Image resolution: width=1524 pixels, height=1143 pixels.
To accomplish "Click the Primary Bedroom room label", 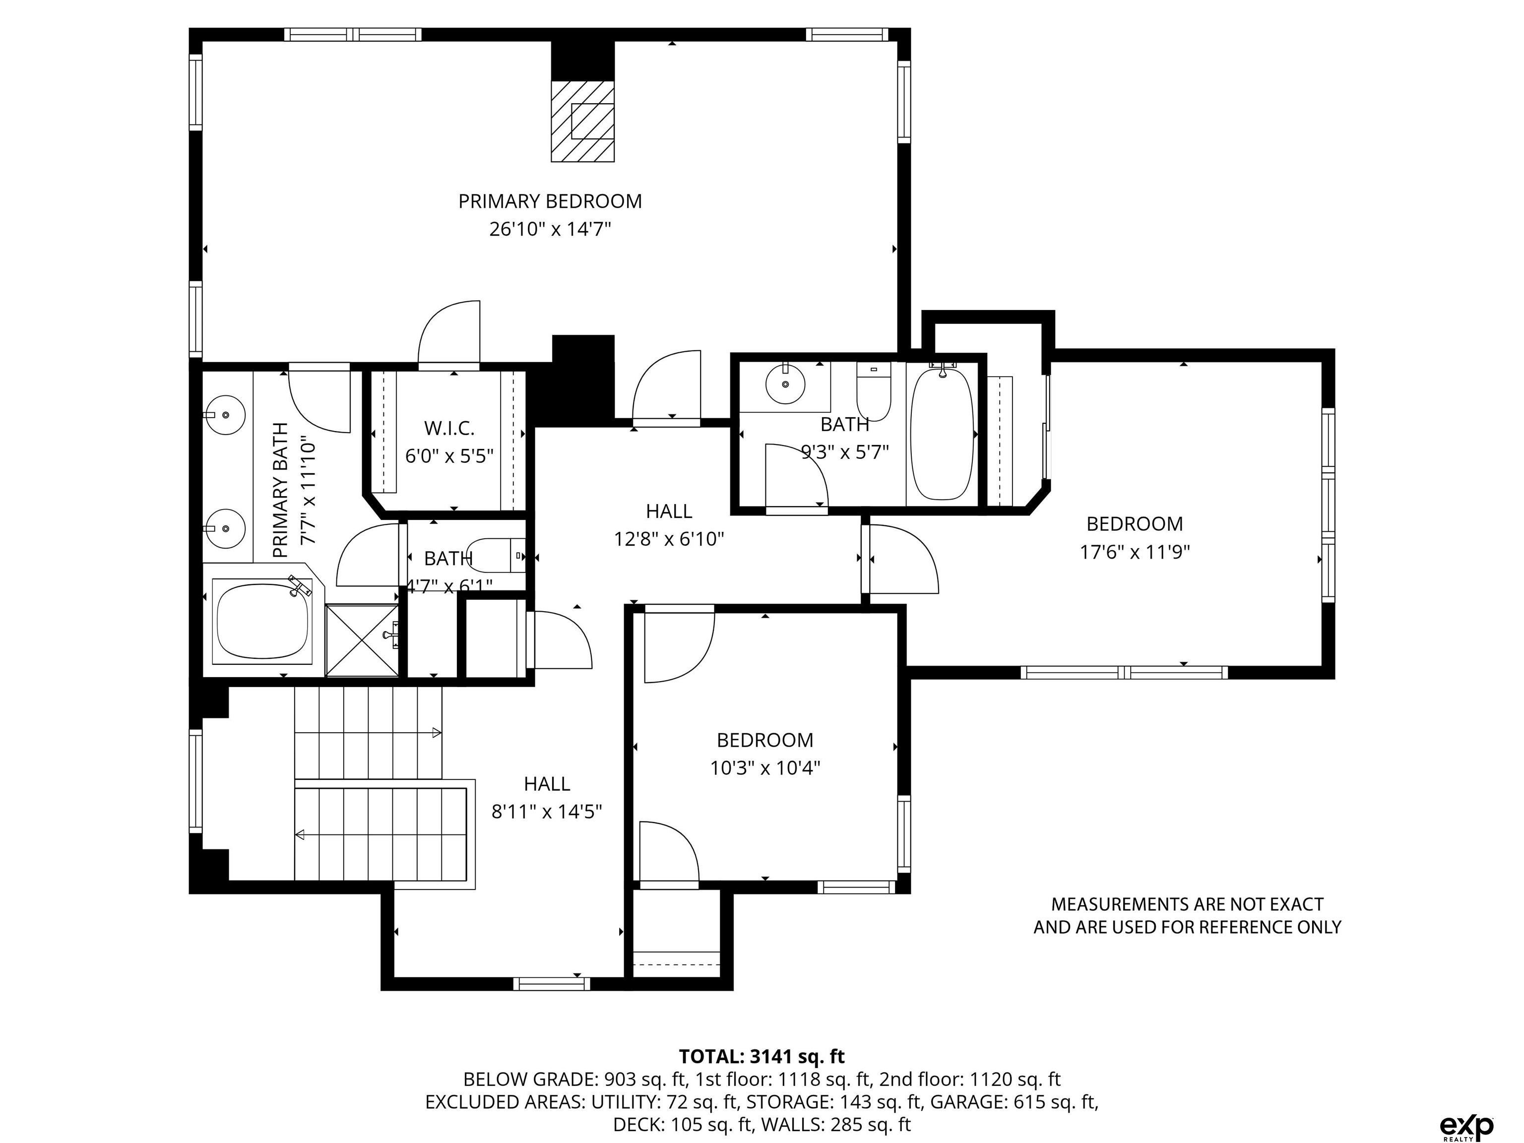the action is tap(550, 201).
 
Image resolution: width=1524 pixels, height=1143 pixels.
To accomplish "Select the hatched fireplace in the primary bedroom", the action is tap(582, 121).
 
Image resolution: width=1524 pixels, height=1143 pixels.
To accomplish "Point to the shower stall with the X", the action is tap(362, 641).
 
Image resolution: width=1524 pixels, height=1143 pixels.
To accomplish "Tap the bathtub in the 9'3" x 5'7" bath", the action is tap(942, 434).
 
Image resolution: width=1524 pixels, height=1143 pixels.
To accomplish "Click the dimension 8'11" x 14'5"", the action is tap(546, 812).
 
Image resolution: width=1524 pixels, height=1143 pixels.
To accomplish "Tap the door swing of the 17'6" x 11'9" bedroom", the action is tap(904, 559).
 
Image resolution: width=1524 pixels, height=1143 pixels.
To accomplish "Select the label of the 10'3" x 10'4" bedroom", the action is tap(765, 740).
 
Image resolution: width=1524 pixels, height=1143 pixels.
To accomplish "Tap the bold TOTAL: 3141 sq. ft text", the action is tap(762, 1056).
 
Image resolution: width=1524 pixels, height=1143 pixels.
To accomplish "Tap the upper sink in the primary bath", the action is tap(226, 415).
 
